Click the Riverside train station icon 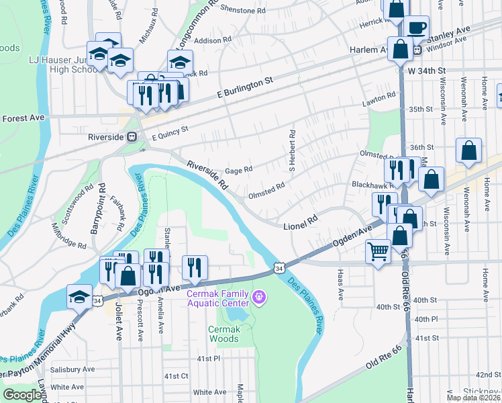click(x=132, y=136)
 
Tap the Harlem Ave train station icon click(x=417, y=50)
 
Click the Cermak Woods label click(x=223, y=334)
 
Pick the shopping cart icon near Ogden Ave click(x=378, y=252)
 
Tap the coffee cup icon click(x=417, y=28)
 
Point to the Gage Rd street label click(x=238, y=170)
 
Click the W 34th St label click(x=426, y=70)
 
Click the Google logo click(x=21, y=395)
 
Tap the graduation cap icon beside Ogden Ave click(x=79, y=296)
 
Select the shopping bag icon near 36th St click(x=468, y=151)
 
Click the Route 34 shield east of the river click(x=279, y=268)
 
